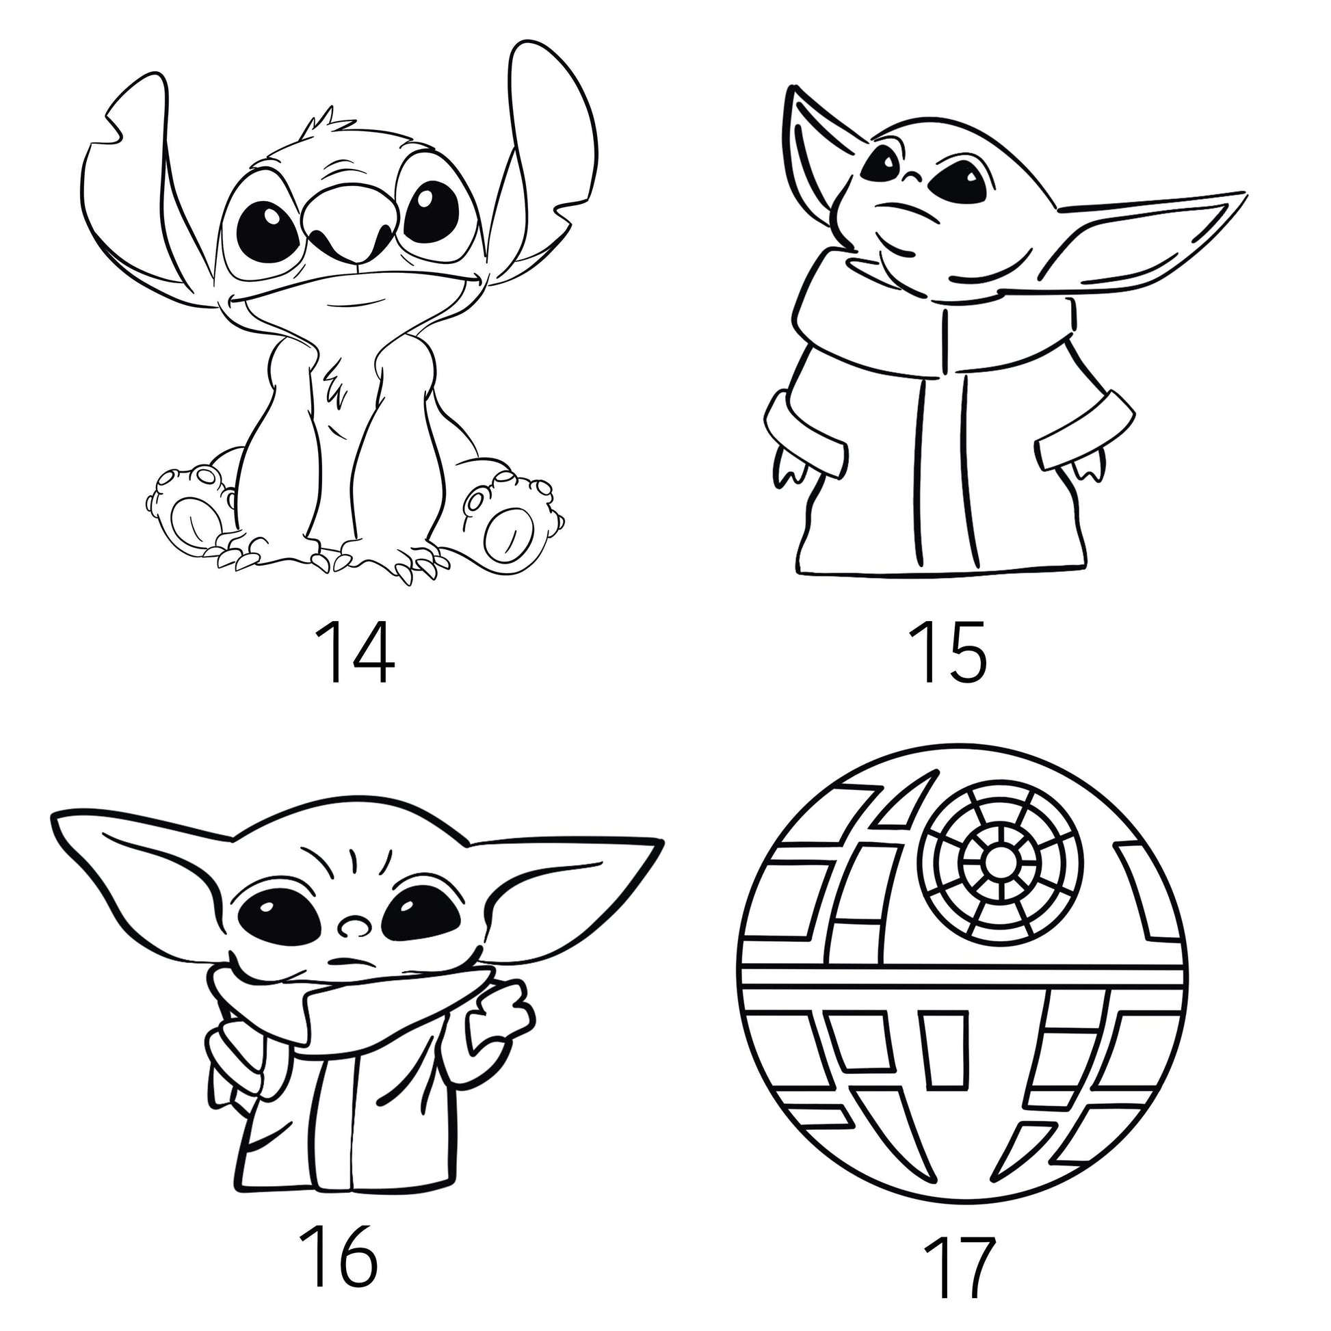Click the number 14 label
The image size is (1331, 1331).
pyautogui.click(x=354, y=653)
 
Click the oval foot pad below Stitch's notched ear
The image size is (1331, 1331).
pyautogui.click(x=189, y=520)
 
